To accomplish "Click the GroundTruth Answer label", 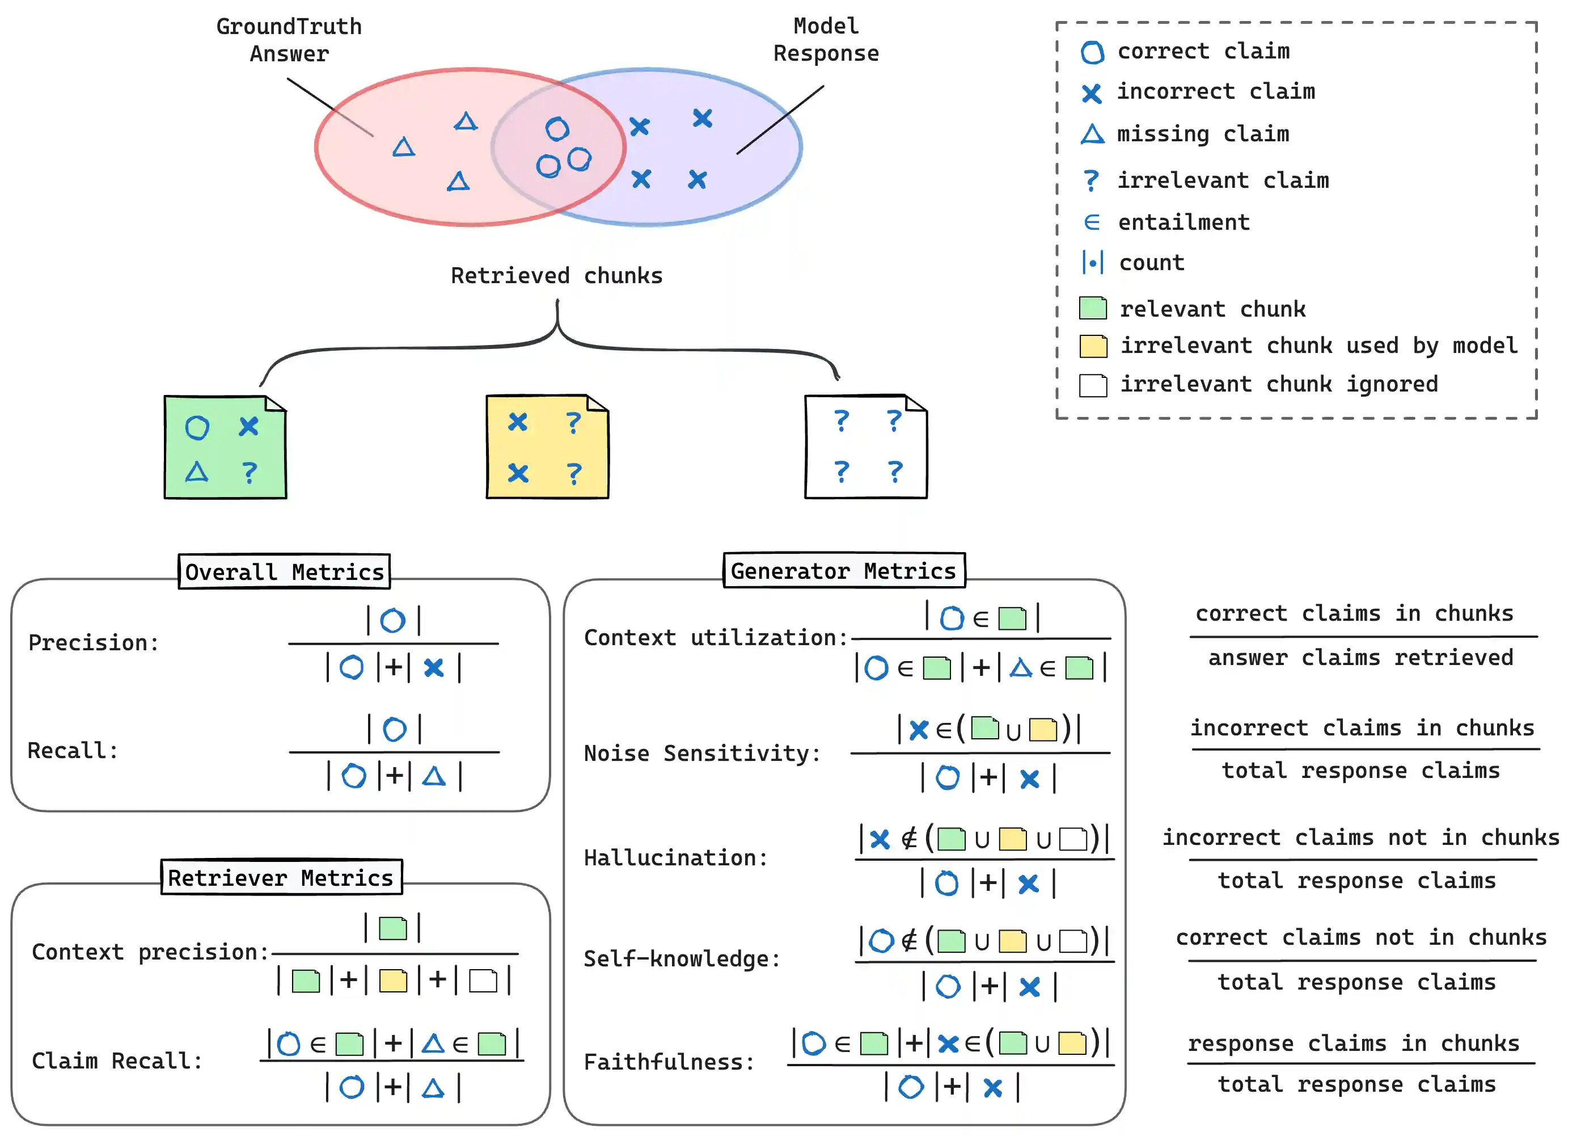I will [x=289, y=40].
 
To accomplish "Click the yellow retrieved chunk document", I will [x=547, y=447].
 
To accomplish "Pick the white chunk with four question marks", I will [x=866, y=447].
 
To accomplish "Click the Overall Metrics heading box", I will [x=284, y=572].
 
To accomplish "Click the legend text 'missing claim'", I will [x=1203, y=133].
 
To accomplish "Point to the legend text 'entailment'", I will [x=1183, y=222].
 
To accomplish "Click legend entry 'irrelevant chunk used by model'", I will [x=1318, y=346].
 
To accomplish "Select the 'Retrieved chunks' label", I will [x=556, y=275].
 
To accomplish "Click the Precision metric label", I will [x=94, y=642].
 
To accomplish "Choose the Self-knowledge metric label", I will [x=682, y=958].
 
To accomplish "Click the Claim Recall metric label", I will [x=117, y=1061].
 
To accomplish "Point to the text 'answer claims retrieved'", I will [x=1360, y=657].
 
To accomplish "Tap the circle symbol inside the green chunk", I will [x=197, y=427].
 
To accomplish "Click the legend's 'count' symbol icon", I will [x=1092, y=263].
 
